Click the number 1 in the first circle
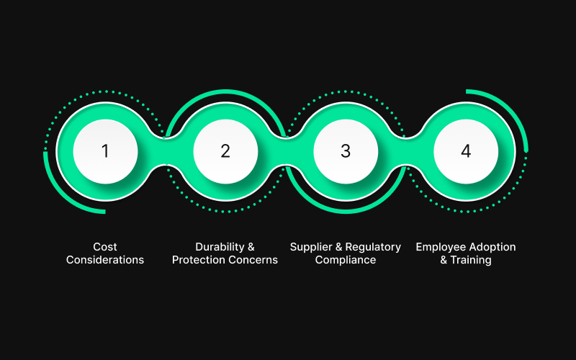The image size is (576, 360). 105,151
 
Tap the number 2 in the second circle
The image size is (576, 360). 225,151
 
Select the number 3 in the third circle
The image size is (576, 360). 346,151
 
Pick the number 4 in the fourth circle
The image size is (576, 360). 466,151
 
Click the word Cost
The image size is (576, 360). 105,247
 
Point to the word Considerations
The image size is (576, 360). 105,260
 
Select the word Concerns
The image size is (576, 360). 253,260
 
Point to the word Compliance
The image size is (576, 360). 346,260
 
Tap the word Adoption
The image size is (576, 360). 495,247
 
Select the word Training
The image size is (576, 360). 471,260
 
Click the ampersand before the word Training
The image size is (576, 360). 444,260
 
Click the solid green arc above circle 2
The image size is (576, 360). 225,91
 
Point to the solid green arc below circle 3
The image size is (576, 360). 346,211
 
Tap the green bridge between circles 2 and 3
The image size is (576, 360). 285,151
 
